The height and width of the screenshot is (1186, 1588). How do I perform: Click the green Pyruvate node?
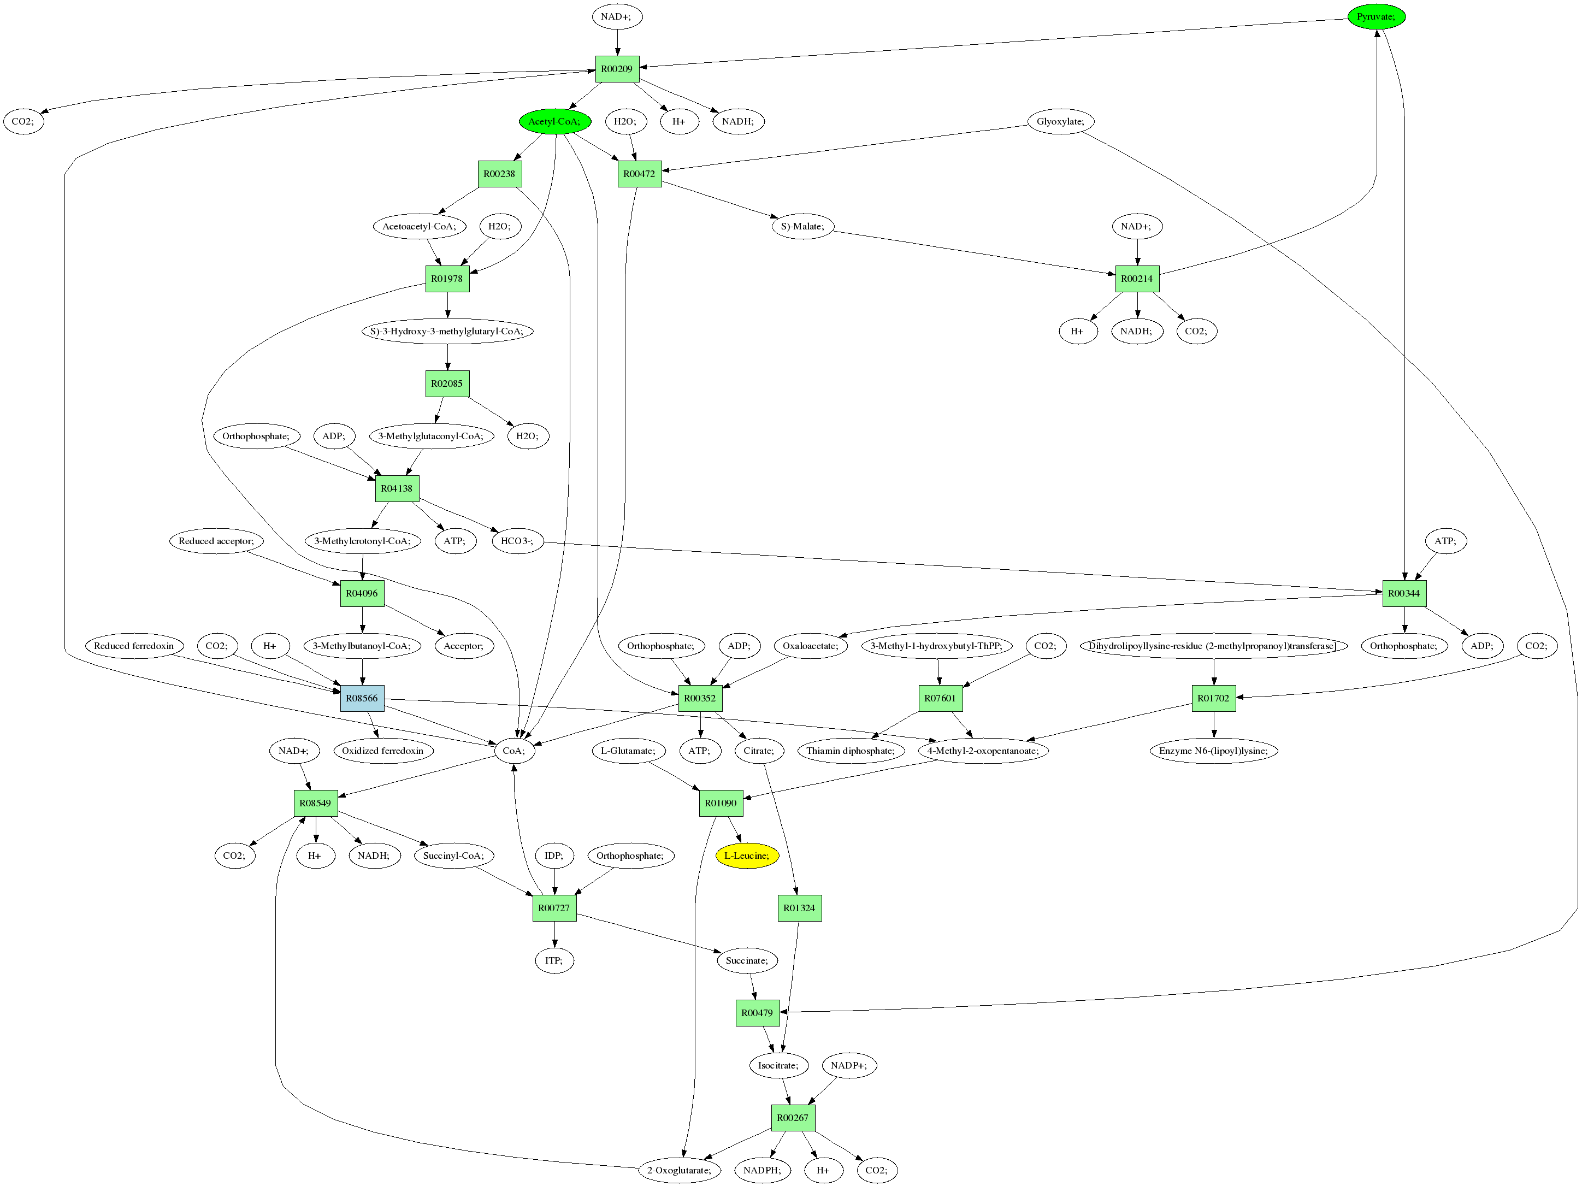click(1376, 16)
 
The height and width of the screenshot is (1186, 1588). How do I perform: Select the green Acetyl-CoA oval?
click(554, 121)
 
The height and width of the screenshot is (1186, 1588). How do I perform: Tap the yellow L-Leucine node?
click(747, 855)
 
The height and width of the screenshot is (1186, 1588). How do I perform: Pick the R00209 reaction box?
click(617, 69)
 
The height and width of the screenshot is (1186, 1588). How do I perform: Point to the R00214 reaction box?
click(1137, 279)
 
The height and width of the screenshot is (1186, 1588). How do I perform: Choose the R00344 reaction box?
click(1403, 594)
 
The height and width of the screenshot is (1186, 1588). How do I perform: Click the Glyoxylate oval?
click(1060, 121)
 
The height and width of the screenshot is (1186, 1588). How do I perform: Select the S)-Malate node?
click(802, 226)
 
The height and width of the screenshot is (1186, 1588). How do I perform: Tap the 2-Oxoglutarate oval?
click(679, 1170)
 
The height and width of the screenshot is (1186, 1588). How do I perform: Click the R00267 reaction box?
click(793, 1118)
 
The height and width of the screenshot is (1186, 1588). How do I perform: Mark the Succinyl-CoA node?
click(453, 855)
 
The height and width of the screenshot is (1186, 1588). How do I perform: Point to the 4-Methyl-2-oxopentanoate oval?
click(983, 751)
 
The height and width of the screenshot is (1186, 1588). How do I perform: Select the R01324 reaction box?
click(799, 908)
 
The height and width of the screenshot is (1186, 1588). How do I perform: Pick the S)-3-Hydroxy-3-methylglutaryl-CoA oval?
click(447, 332)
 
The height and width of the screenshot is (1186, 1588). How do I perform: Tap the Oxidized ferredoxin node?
click(382, 751)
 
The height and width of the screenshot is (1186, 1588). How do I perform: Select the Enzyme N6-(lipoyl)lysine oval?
click(1213, 751)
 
